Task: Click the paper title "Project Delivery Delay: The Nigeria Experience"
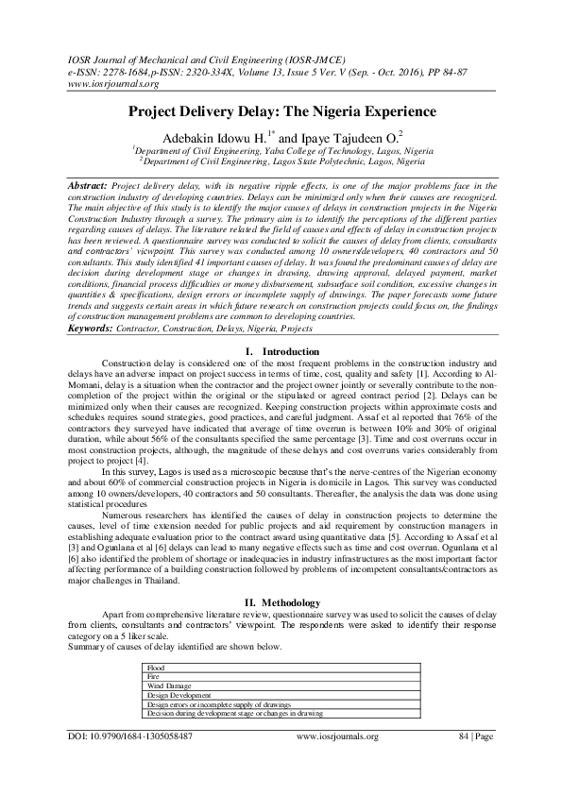[281, 109]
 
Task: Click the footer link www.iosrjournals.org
[337, 736]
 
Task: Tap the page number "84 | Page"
[476, 736]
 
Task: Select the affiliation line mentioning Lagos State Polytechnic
[281, 161]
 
